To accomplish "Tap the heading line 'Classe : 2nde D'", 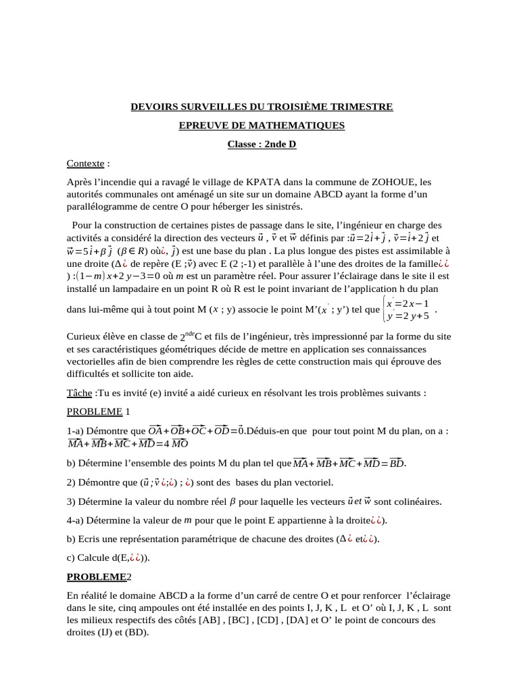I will pos(262,145).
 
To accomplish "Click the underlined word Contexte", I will pos(86,164).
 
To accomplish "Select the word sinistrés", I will pos(282,207).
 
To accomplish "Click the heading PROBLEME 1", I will pos(98,412).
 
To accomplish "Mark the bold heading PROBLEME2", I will pos(99,577).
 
